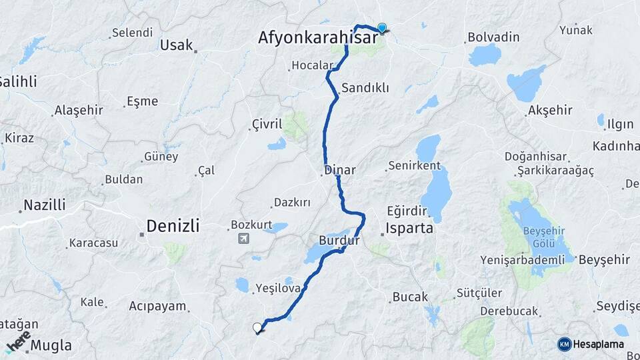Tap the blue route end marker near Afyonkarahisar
click(x=382, y=28)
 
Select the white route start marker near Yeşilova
click(x=257, y=327)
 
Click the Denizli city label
click(x=173, y=226)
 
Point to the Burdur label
click(x=339, y=239)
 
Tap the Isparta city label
click(x=410, y=229)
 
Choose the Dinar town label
click(x=340, y=170)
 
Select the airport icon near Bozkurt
click(x=243, y=238)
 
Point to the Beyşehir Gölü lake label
click(x=545, y=236)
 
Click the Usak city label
click(x=177, y=45)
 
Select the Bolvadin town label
click(x=493, y=37)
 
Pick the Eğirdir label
click(x=406, y=211)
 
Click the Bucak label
click(x=410, y=297)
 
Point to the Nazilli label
click(x=45, y=205)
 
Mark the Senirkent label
click(x=413, y=165)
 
